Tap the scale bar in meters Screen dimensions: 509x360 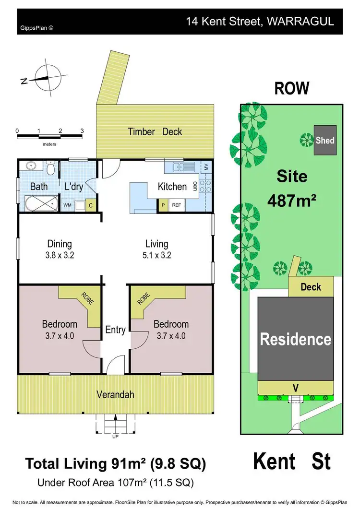click(49, 137)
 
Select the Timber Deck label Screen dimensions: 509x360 click(155, 132)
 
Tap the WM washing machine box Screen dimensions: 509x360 click(67, 205)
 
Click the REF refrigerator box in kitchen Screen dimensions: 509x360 click(177, 205)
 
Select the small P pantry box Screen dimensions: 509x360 click(163, 205)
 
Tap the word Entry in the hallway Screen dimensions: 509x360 click(115, 330)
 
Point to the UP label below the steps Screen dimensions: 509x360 click(115, 436)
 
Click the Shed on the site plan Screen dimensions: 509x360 click(325, 140)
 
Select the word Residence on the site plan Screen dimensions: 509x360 click(295, 339)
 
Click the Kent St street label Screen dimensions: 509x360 click(291, 462)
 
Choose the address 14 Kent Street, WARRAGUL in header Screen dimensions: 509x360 click(260, 22)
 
